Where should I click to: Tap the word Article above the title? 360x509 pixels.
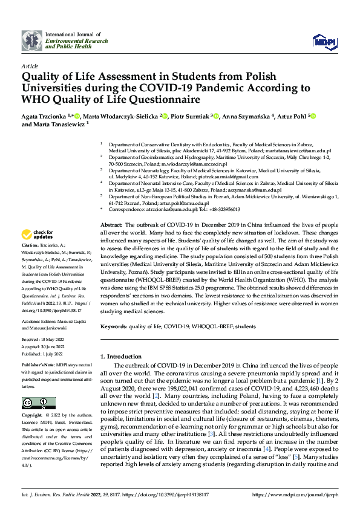(x=30, y=65)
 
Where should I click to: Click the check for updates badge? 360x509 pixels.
(x=38, y=235)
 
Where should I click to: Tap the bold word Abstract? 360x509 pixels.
(x=112, y=224)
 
